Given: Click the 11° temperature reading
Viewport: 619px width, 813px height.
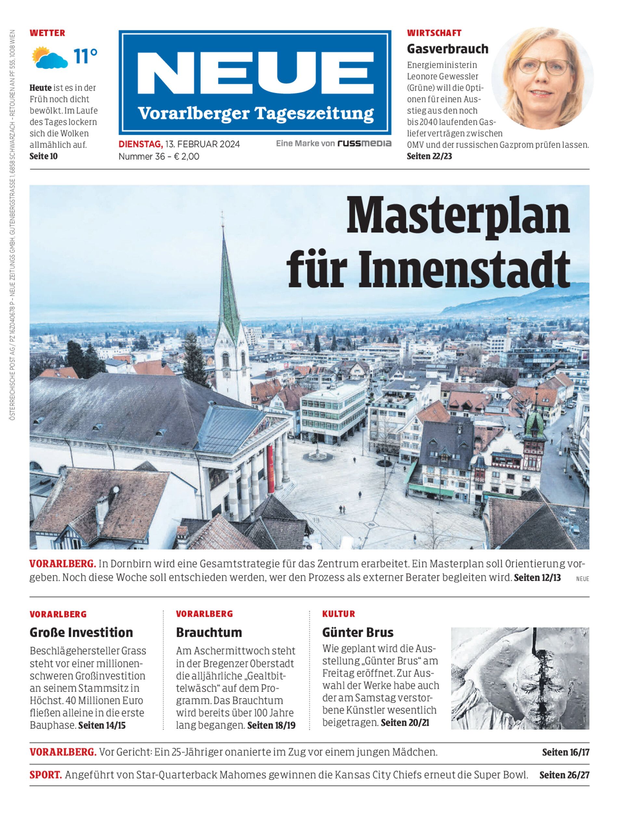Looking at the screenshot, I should point(85,56).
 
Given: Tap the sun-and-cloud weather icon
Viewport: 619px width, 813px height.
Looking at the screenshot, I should point(50,58).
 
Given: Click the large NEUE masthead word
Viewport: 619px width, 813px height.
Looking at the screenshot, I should point(255,74).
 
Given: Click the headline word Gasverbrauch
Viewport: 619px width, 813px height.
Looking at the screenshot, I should point(447,49).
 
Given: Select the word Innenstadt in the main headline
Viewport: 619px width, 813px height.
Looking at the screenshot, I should point(464,271).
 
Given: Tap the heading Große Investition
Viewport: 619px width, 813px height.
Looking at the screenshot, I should point(81,633).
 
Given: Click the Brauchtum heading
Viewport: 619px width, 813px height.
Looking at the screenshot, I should point(209,633).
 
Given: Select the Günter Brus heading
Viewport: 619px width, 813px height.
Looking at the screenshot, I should point(357,633).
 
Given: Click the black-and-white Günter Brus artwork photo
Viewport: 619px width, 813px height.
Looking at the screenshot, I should point(520,678).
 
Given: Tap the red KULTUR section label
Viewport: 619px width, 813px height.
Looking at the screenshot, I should point(338,614).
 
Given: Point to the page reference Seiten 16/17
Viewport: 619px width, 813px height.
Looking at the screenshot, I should point(565,752).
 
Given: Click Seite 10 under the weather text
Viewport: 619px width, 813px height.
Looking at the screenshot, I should point(44,156).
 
